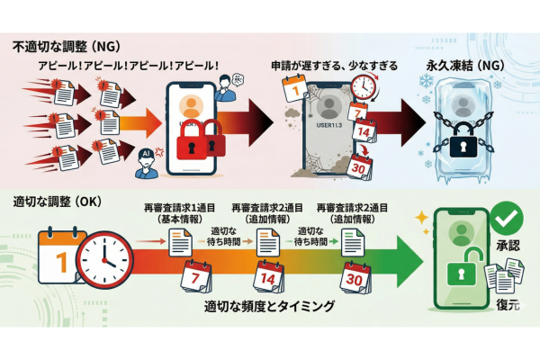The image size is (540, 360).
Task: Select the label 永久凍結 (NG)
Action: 459,67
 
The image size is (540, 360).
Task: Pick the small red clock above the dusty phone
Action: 364,87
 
